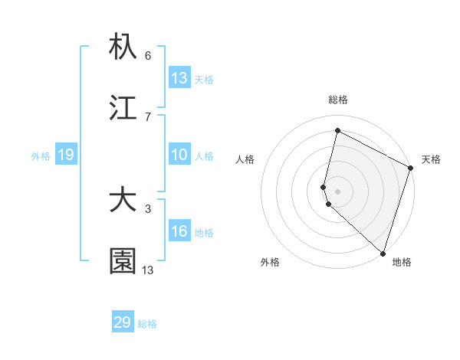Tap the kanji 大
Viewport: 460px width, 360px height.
tap(123, 201)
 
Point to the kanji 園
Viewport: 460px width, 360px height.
tap(123, 262)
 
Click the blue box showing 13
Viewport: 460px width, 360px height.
tap(179, 78)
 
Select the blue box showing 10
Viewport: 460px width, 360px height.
tap(179, 155)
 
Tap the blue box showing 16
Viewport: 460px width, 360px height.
tap(179, 231)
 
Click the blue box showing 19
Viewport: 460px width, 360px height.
tap(66, 155)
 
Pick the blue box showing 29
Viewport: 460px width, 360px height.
tap(123, 322)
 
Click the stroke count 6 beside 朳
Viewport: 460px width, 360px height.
tap(148, 56)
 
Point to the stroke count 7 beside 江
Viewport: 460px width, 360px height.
tap(148, 116)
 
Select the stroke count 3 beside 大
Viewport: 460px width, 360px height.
tap(148, 208)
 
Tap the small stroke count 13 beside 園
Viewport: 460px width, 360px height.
tap(148, 270)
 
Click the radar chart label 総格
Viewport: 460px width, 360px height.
tap(338, 100)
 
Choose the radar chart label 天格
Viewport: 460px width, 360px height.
tap(431, 159)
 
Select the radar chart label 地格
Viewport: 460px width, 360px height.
tap(402, 262)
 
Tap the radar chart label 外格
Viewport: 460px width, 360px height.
tap(270, 262)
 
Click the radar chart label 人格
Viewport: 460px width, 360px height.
tap(245, 159)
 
